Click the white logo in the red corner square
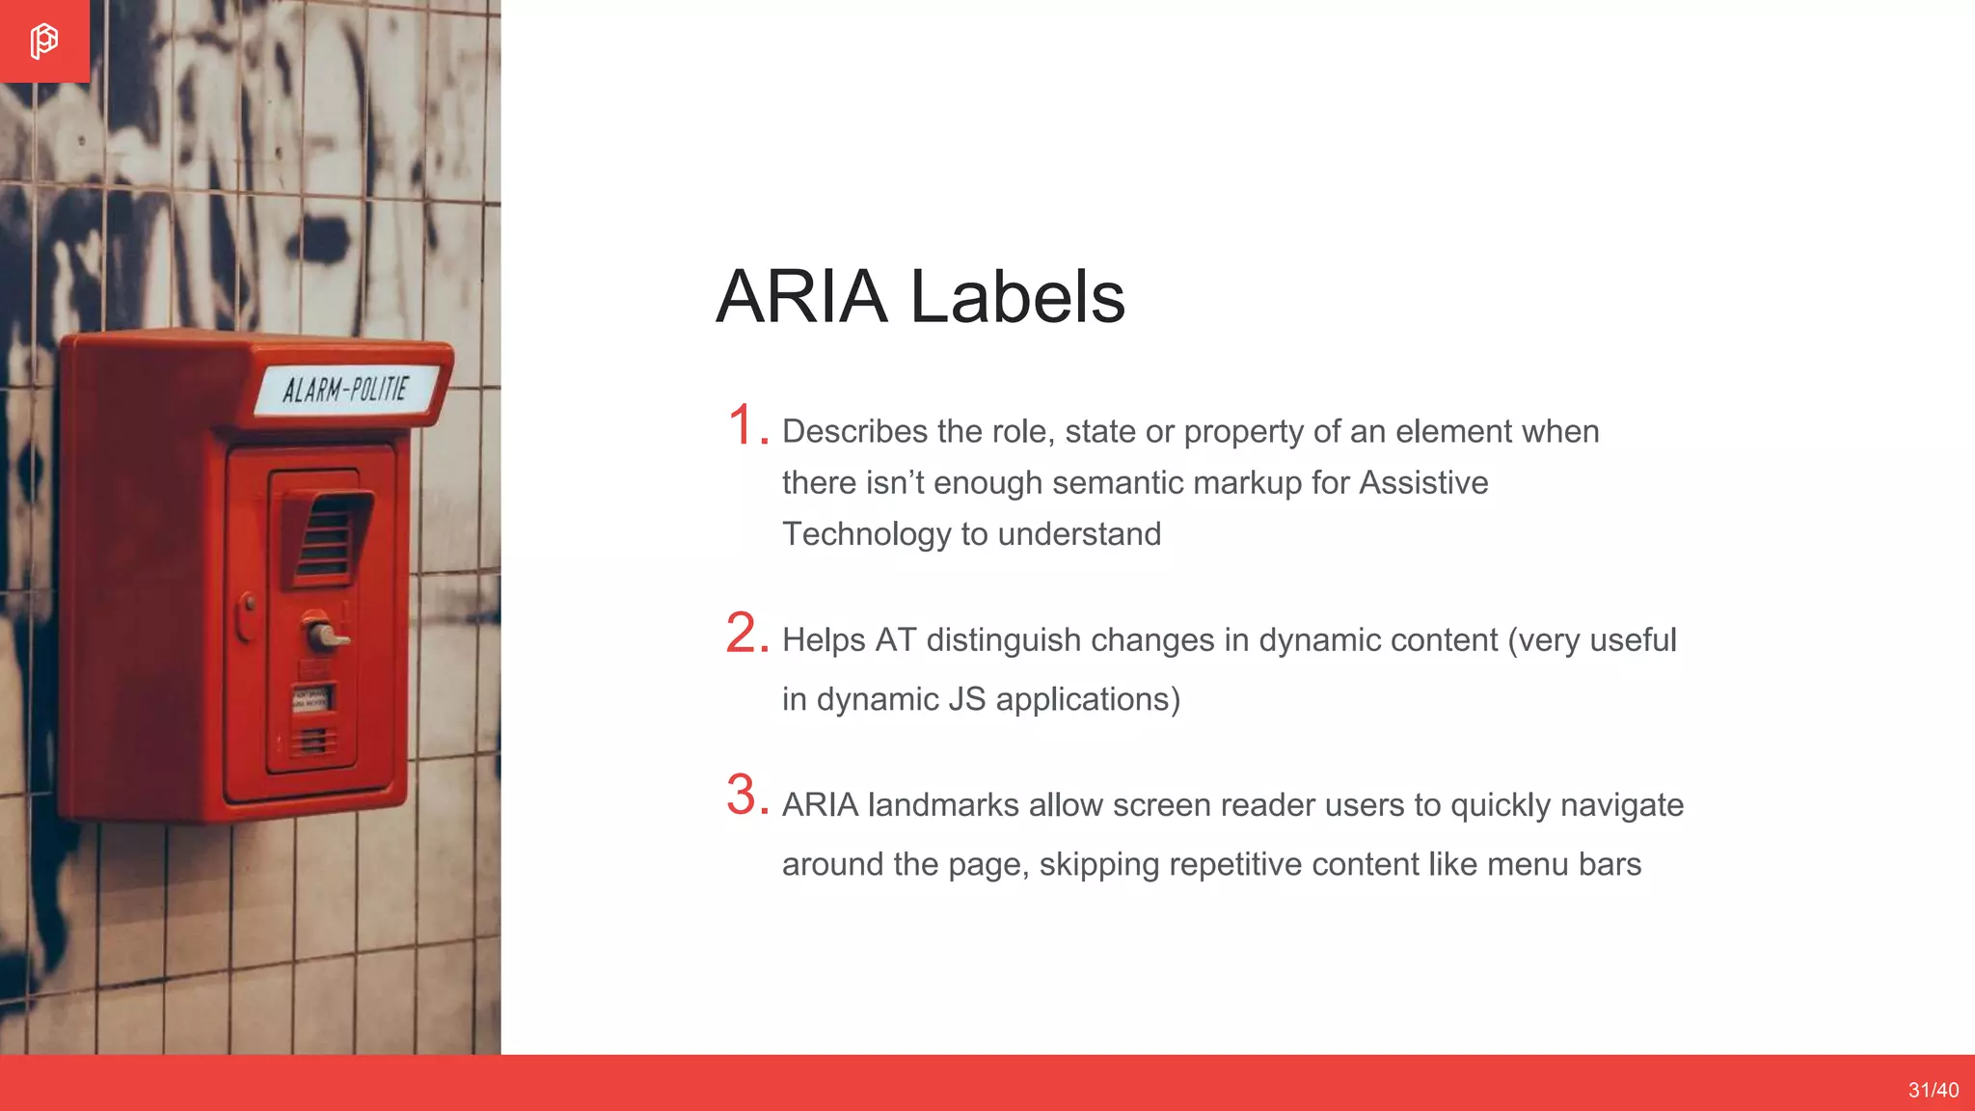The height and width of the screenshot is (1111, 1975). coord(43,41)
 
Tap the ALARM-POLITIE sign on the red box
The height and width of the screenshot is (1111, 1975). coord(346,390)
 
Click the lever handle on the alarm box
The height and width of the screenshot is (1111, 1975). coord(324,635)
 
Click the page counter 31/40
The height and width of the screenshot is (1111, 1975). coord(1933,1090)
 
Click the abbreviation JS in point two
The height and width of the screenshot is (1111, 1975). coord(966,699)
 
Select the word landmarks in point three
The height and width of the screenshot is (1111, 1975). coord(942,805)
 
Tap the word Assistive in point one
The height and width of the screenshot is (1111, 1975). coord(1423,482)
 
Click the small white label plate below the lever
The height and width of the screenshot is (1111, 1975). coord(311,698)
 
